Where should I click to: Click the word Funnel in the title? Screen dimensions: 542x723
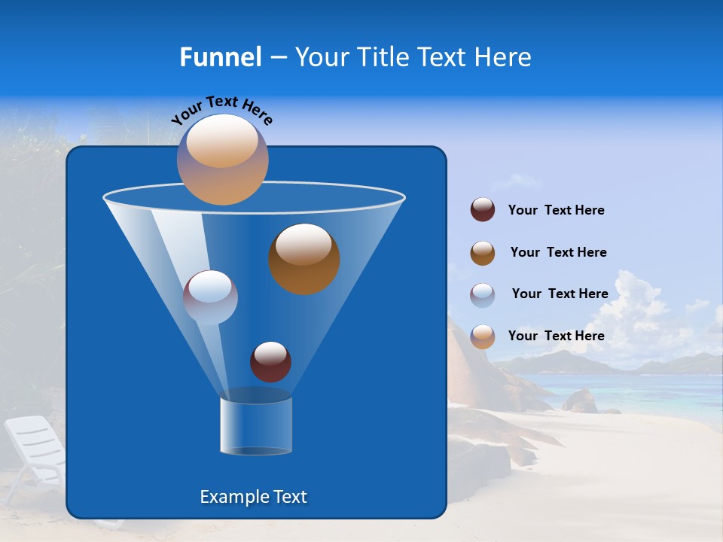220,57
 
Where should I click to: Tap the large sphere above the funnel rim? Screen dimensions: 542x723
222,159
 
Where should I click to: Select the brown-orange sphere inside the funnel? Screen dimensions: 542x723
304,258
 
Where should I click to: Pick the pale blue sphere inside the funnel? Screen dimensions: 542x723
210,297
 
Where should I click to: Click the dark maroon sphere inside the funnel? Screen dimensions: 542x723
270,361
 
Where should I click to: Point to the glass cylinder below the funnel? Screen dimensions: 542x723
255,426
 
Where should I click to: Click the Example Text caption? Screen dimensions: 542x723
253,497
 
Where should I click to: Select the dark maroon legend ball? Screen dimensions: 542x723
483,209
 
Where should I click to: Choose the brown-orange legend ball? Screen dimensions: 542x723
483,252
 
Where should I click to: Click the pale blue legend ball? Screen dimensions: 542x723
483,294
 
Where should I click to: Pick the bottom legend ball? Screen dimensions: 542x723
483,336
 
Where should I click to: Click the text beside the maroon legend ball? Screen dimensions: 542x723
556,211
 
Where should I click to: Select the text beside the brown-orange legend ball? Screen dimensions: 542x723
558,253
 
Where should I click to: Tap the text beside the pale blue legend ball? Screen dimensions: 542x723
560,294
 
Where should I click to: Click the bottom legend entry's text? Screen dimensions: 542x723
556,336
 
